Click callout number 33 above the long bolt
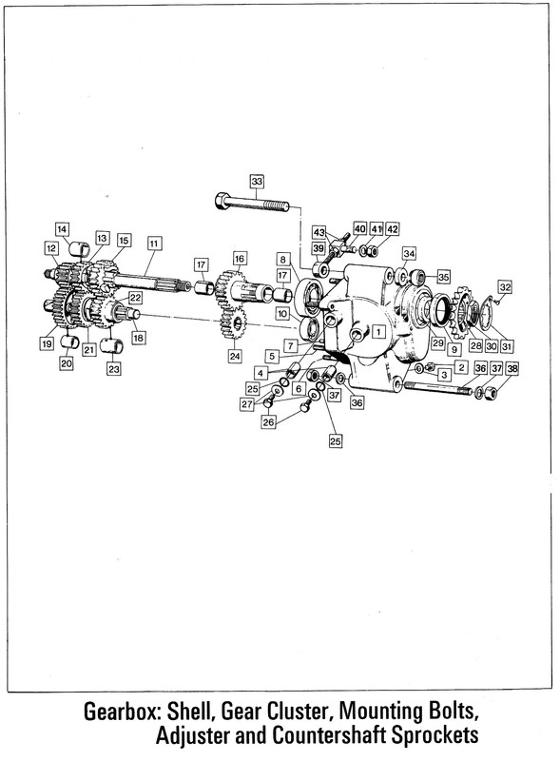pos(257,182)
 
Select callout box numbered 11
pos(154,244)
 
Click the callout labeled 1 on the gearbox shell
pos(378,332)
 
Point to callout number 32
pos(505,287)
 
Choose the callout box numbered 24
pos(235,356)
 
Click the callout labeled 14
pos(62,229)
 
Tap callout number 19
pos(47,344)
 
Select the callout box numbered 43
pos(319,233)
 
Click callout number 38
pos(512,369)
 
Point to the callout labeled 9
pos(454,349)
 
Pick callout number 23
pos(113,369)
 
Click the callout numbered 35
pos(444,277)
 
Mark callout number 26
pos(268,422)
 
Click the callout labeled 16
pos(240,258)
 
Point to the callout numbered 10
pos(283,314)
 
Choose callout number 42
pos(392,229)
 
